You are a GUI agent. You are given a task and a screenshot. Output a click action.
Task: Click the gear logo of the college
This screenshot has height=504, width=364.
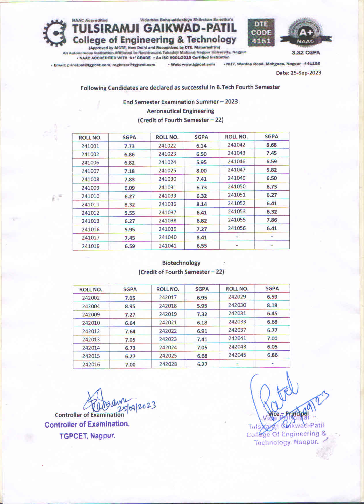pos(55,33)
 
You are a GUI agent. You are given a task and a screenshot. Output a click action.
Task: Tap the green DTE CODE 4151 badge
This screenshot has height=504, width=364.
pos(261,32)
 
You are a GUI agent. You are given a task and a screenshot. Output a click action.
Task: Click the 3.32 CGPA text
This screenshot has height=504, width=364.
pos(306,53)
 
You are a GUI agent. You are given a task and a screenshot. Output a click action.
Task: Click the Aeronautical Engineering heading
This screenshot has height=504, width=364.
pos(180,111)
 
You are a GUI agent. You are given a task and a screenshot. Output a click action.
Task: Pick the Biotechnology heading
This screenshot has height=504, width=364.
pos(181,263)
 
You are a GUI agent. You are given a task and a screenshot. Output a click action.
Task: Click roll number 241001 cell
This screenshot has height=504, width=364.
pos(90,146)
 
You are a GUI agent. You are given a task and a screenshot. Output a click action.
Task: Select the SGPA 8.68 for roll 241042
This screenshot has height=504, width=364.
pos(272,145)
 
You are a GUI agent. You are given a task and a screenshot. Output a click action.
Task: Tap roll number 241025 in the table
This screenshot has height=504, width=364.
pos(167,171)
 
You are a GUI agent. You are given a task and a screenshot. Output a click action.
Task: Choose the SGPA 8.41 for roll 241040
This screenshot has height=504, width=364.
pos(202,238)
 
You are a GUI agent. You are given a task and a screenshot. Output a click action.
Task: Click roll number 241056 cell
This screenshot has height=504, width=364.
pos(237,228)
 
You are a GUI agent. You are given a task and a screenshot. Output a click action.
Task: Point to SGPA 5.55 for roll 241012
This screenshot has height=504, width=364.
pos(130,213)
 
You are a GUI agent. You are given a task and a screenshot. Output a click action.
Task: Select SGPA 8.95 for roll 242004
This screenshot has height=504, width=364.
pos(130,306)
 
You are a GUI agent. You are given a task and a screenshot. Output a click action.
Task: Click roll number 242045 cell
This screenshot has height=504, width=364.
pos(237,355)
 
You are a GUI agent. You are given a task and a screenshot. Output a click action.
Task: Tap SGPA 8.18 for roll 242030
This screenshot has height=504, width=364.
pos(272,305)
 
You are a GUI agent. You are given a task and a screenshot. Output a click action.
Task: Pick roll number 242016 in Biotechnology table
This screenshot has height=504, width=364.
pos(91,364)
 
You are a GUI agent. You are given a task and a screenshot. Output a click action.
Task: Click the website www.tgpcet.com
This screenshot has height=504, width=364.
pos(193,64)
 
